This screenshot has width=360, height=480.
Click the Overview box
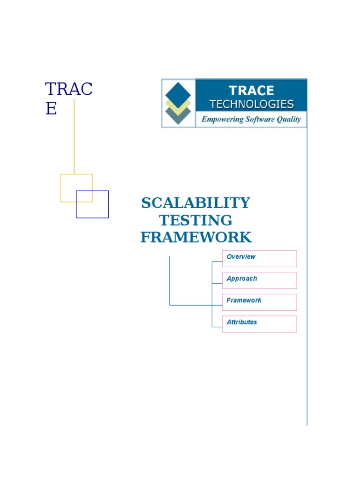pyautogui.click(x=259, y=258)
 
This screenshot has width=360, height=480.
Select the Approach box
pyautogui.click(x=259, y=280)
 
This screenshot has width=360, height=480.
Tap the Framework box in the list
pyautogui.click(x=259, y=302)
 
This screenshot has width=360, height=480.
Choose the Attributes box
pyautogui.click(x=259, y=324)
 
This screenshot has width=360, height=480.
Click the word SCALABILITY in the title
pyautogui.click(x=195, y=203)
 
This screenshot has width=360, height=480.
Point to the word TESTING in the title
pyautogui.click(x=195, y=220)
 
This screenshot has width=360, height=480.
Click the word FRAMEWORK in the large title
pyautogui.click(x=195, y=237)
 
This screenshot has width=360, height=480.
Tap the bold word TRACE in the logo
pyautogui.click(x=252, y=90)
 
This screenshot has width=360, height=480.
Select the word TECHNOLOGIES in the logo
pyautogui.click(x=252, y=104)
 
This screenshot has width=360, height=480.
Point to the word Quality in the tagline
pyautogui.click(x=289, y=120)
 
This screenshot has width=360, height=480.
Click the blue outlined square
pyautogui.click(x=101, y=211)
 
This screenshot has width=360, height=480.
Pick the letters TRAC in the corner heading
pyautogui.click(x=69, y=89)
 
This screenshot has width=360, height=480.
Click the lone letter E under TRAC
pyautogui.click(x=51, y=109)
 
